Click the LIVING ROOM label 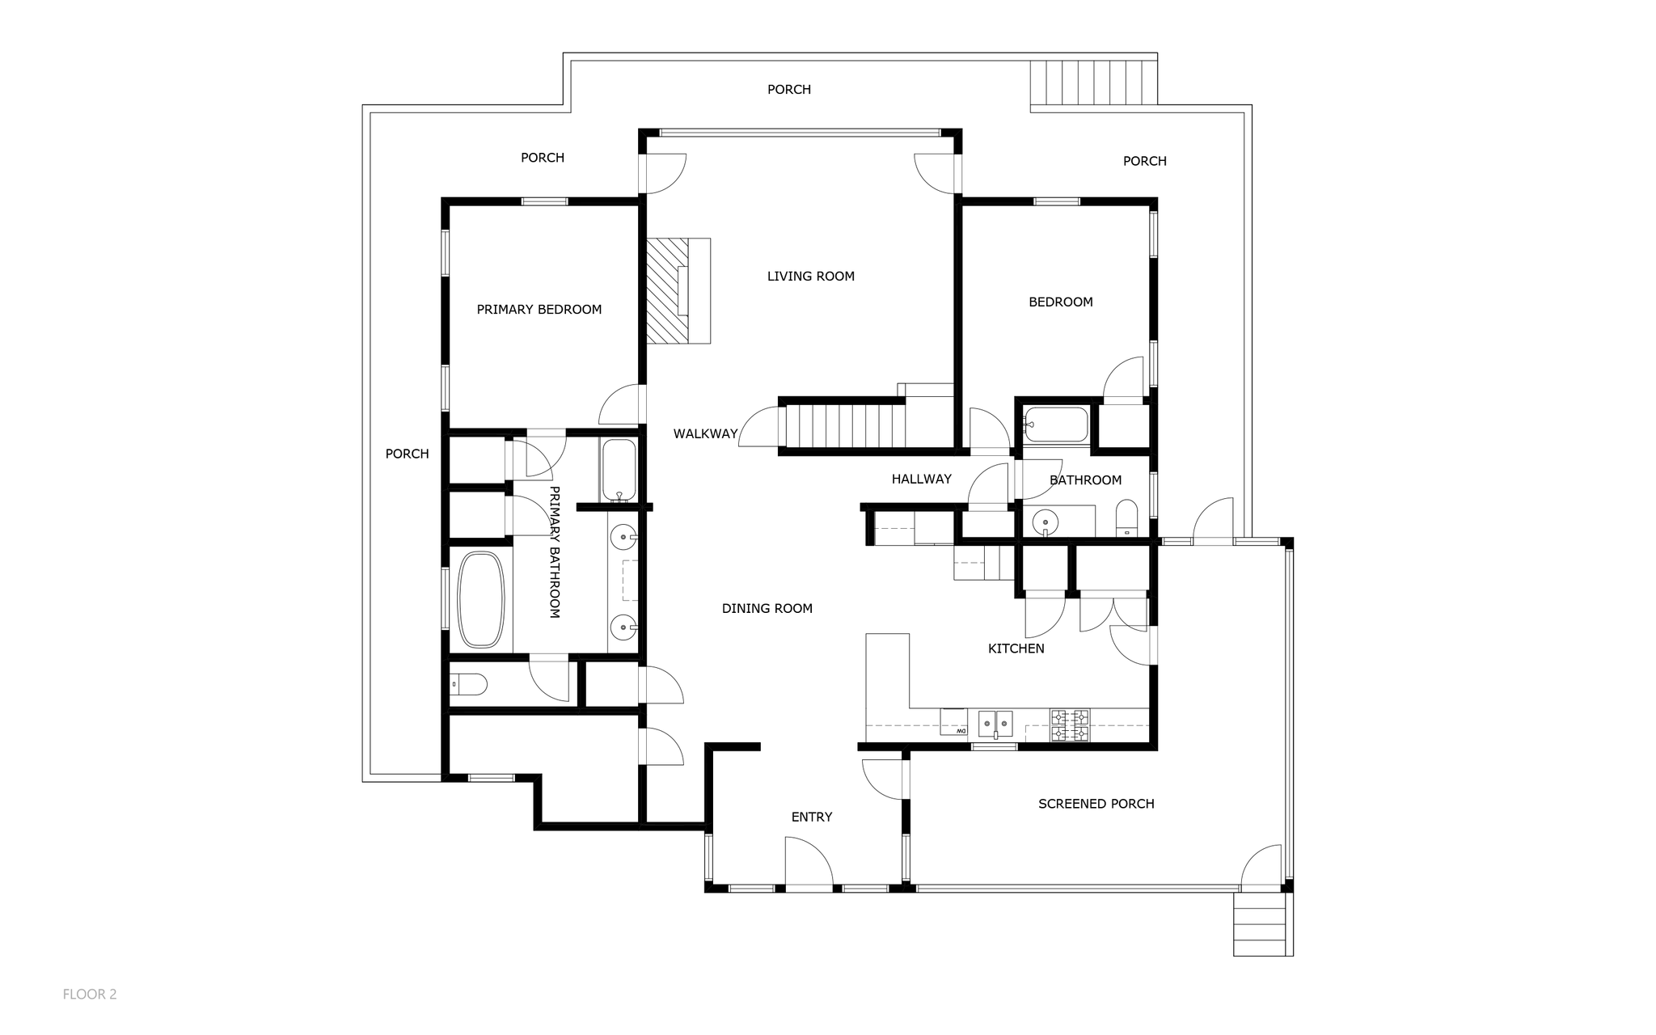(811, 277)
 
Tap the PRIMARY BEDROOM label (539, 310)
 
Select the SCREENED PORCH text (1096, 804)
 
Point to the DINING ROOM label (767, 609)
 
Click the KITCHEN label (1016, 648)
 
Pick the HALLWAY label (922, 479)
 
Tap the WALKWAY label (706, 434)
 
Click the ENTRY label (812, 817)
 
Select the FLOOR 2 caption (90, 995)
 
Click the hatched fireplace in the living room (668, 290)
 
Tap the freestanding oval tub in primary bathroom (481, 599)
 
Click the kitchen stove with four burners (1070, 725)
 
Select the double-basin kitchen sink (995, 723)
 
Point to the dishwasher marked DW (954, 722)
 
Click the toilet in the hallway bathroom (1126, 518)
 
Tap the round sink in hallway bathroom (1046, 522)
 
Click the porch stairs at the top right (1093, 82)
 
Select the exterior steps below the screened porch (1259, 924)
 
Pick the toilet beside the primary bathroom (469, 685)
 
